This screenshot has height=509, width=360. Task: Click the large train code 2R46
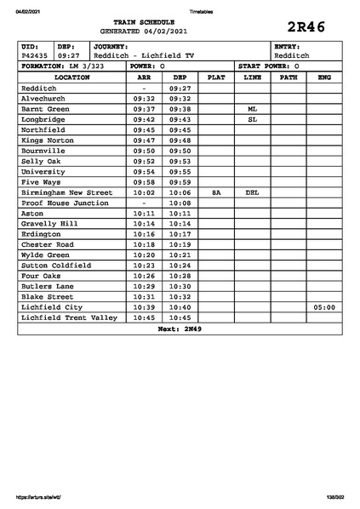coord(307,26)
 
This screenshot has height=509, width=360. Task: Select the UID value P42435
coord(35,55)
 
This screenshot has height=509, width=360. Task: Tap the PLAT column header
coord(216,77)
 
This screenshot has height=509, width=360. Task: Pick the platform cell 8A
coord(216,192)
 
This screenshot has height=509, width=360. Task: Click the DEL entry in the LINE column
coord(252,192)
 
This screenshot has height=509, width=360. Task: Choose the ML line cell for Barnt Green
coord(252,110)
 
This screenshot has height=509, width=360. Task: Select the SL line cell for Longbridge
coord(252,120)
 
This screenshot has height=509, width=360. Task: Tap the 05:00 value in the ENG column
coord(324,306)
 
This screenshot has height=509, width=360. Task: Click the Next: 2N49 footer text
coord(180,328)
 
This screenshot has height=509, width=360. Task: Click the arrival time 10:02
coord(144,192)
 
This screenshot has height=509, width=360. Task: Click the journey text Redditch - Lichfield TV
coord(144,55)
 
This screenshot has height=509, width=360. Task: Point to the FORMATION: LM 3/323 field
coord(62,66)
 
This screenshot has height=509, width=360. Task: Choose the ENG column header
coord(324,77)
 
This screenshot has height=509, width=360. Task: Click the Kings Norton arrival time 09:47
coord(144,140)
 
